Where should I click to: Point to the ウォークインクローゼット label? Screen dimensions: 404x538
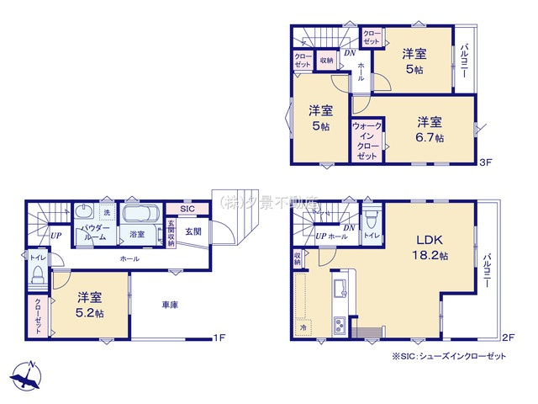tap(367, 141)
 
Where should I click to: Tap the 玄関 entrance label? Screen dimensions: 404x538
tap(193, 231)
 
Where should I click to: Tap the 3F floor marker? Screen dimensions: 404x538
tap(486, 161)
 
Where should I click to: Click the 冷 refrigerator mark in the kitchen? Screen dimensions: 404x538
tap(304, 326)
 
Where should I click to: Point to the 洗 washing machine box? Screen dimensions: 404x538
tap(106, 212)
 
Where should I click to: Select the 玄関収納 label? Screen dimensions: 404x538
tap(171, 231)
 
